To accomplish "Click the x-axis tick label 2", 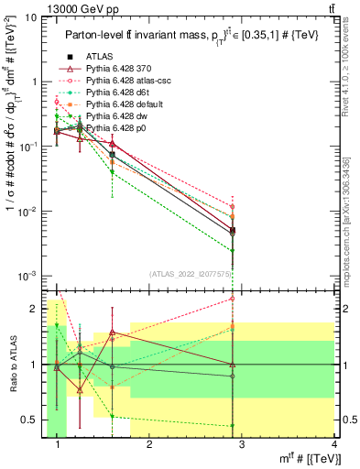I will pyautogui.click(x=149, y=446).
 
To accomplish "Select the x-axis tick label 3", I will pyautogui.click(x=242, y=446).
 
